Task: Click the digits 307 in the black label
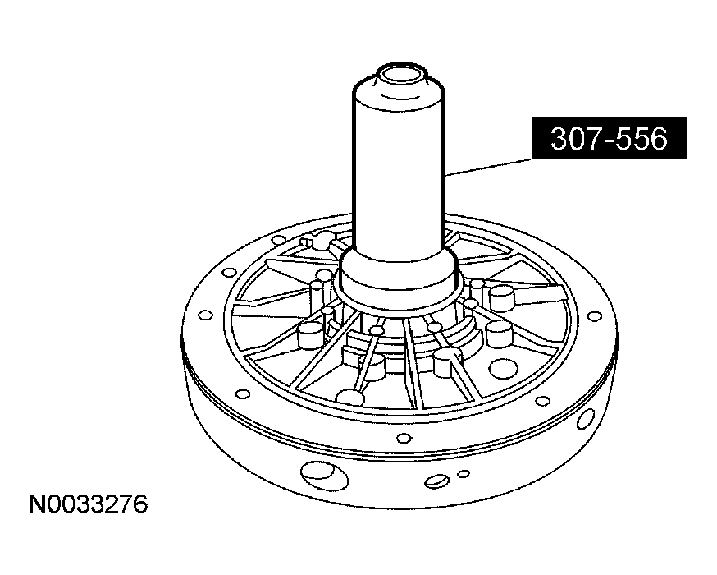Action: pyautogui.click(x=573, y=140)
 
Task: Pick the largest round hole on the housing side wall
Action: pyautogui.click(x=316, y=473)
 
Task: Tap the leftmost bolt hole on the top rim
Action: pyautogui.click(x=204, y=315)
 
